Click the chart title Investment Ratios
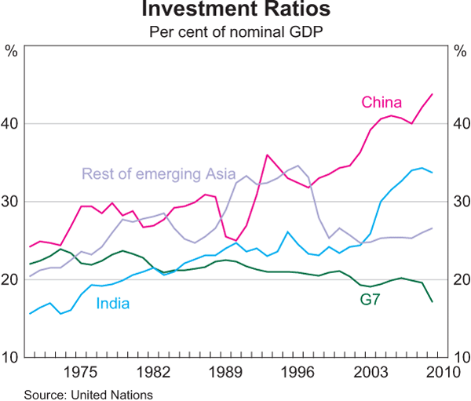(x=235, y=11)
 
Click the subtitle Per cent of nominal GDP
(x=235, y=33)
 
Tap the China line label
(x=382, y=103)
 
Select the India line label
(x=113, y=304)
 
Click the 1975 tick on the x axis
(x=81, y=371)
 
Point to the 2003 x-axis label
(x=370, y=371)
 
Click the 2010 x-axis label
(x=433, y=371)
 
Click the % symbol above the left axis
(x=12, y=51)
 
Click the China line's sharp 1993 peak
(x=268, y=155)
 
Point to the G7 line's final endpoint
(x=432, y=302)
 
